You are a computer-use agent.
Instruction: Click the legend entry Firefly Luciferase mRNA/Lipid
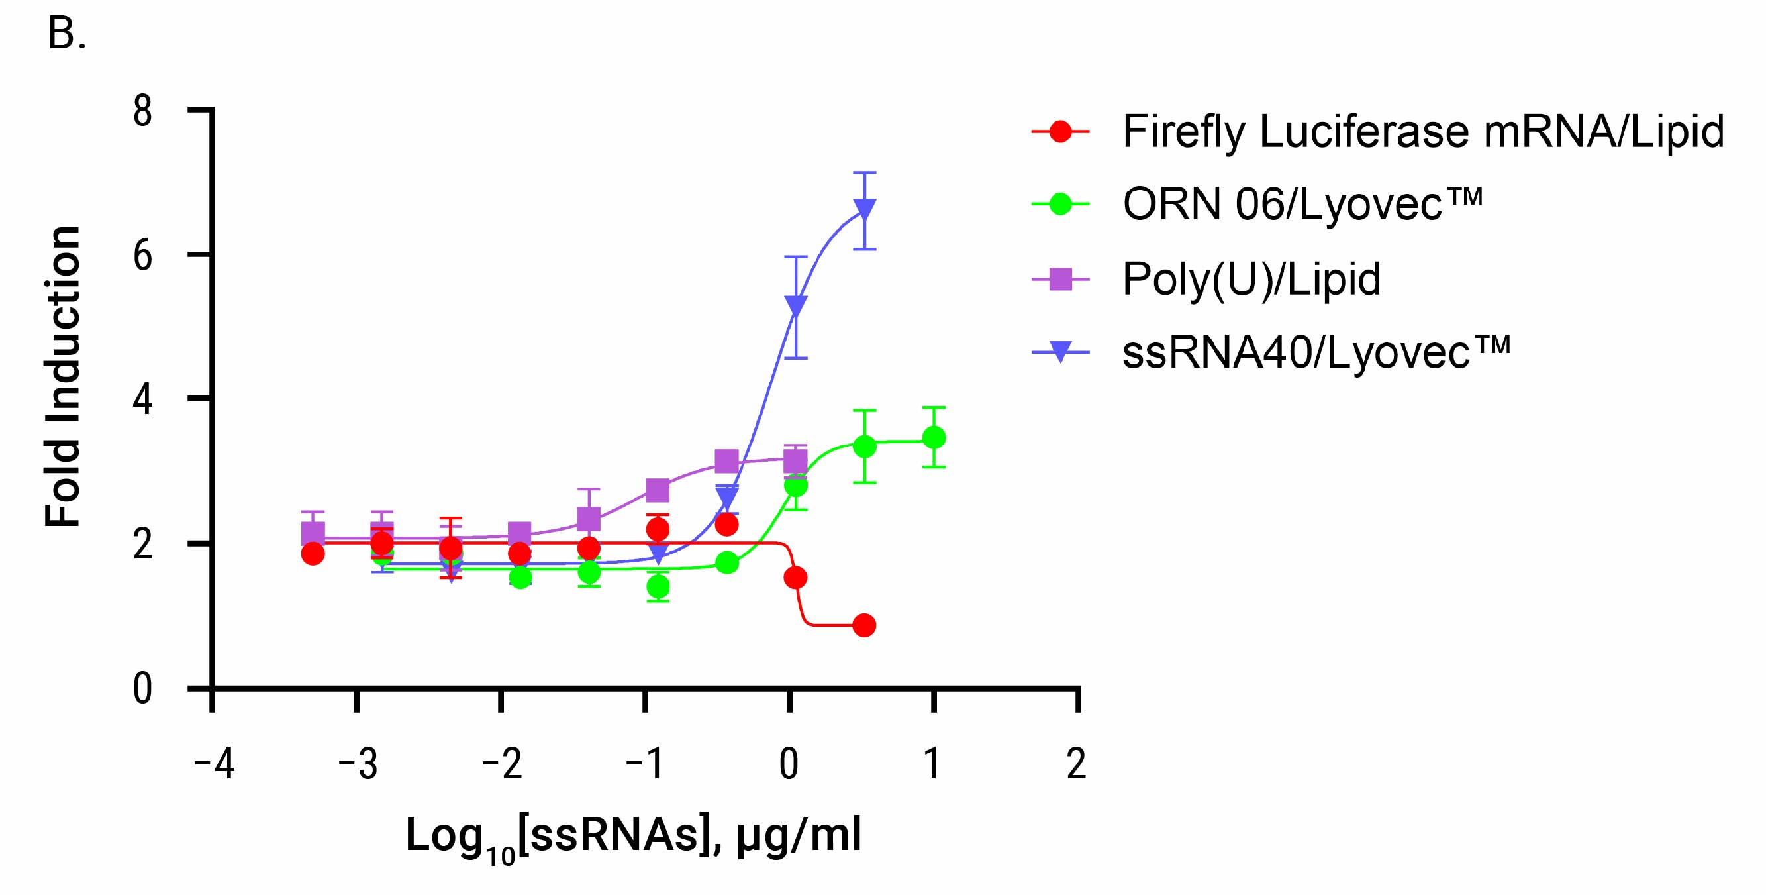1422,132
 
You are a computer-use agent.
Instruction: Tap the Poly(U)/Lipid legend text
1251,279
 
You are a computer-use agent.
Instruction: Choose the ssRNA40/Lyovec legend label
1316,352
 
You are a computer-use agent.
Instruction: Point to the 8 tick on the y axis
142,112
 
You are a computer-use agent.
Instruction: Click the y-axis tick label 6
142,257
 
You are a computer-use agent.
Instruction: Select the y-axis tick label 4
142,401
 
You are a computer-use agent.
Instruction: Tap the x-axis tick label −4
214,763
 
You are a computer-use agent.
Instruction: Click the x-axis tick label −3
358,763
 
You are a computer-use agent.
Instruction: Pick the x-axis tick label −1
646,763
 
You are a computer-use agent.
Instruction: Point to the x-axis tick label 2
1076,763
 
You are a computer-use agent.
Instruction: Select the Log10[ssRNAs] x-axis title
633,837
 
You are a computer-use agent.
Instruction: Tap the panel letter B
66,33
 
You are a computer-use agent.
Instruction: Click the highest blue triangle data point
865,209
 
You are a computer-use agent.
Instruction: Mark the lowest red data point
865,625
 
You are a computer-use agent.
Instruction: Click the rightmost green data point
934,437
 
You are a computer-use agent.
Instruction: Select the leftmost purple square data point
313,532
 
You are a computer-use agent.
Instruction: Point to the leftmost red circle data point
313,553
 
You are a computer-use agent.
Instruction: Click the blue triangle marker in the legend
1061,352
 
